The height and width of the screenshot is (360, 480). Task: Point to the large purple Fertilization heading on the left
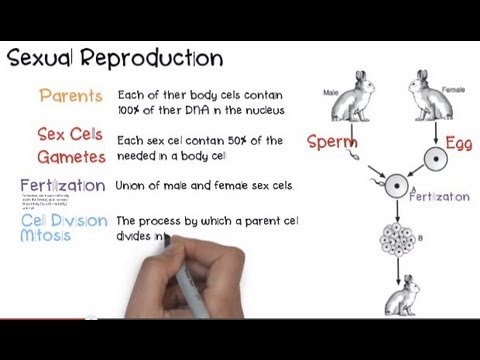tap(62, 185)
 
